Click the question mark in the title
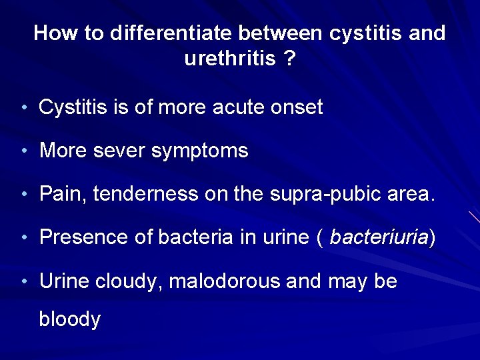click(289, 59)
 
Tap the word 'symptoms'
click(200, 151)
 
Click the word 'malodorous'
click(225, 281)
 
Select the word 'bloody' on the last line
click(70, 319)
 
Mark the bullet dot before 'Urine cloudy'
click(23, 282)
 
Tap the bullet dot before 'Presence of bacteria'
click(23, 238)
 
